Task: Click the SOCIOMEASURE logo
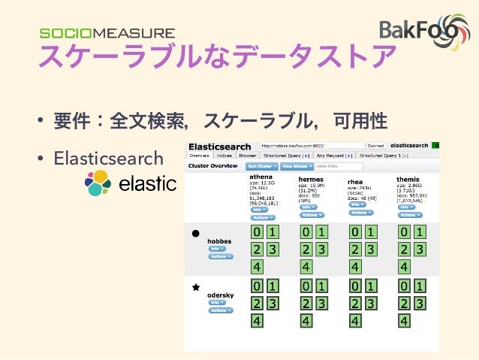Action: (107, 33)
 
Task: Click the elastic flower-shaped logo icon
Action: (98, 183)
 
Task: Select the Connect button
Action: (375, 145)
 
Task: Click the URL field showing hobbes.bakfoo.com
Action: (311, 145)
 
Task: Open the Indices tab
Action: (224, 155)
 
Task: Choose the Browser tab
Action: (248, 155)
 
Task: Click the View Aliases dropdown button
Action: (297, 165)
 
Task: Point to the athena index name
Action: (262, 177)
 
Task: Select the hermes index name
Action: (311, 180)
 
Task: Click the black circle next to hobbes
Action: (195, 234)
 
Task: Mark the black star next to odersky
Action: (195, 287)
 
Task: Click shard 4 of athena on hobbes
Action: (257, 267)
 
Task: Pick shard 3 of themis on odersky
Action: (420, 303)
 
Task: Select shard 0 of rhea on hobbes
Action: (354, 231)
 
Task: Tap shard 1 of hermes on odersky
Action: (321, 286)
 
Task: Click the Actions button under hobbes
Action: (221, 256)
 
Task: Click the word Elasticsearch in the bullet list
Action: (108, 158)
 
